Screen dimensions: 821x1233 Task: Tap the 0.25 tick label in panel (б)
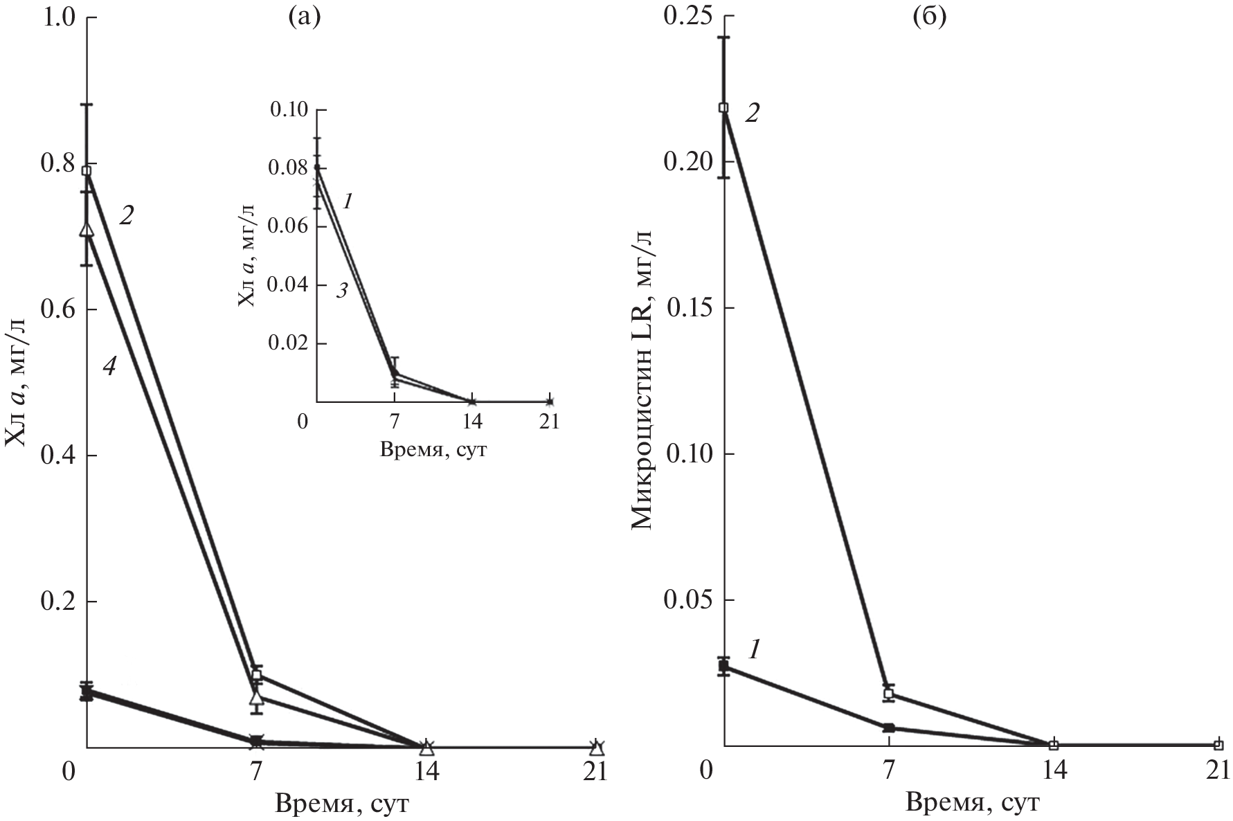[x=688, y=17]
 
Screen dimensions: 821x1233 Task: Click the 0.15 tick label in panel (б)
[x=688, y=308]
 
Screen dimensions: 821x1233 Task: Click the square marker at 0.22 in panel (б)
[x=723, y=108]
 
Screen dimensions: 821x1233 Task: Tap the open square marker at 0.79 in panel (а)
[x=87, y=170]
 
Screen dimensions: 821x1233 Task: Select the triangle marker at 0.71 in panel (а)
[x=87, y=229]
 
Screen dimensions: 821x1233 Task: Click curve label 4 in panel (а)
[x=109, y=366]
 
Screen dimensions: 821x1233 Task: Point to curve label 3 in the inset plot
[x=341, y=291]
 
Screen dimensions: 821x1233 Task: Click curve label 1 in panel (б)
[x=755, y=649]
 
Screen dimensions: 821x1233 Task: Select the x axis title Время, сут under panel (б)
[x=972, y=804]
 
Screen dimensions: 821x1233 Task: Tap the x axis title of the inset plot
[x=433, y=451]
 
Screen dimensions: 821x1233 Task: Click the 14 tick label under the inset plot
[x=472, y=422]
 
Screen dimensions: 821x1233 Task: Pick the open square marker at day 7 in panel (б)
[x=889, y=694]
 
